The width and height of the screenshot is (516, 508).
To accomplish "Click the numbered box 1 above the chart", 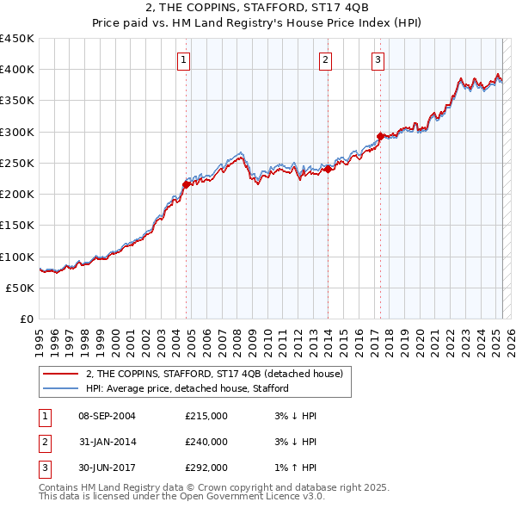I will [x=185, y=59].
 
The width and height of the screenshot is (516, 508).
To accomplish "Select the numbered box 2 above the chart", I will [x=326, y=59].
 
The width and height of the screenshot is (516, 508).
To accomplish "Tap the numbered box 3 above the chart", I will [x=378, y=59].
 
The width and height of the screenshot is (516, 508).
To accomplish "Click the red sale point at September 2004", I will [x=186, y=184].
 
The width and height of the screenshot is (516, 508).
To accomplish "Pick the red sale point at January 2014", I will [x=328, y=169].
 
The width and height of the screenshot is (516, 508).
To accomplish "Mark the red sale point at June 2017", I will [x=380, y=136].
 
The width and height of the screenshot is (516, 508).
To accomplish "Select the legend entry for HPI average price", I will [x=187, y=388].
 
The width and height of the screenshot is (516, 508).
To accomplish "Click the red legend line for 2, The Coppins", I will [x=60, y=374].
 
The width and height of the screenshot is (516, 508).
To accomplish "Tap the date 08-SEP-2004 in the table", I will [x=107, y=416].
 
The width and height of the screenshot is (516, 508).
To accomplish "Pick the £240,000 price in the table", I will [x=206, y=442].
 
